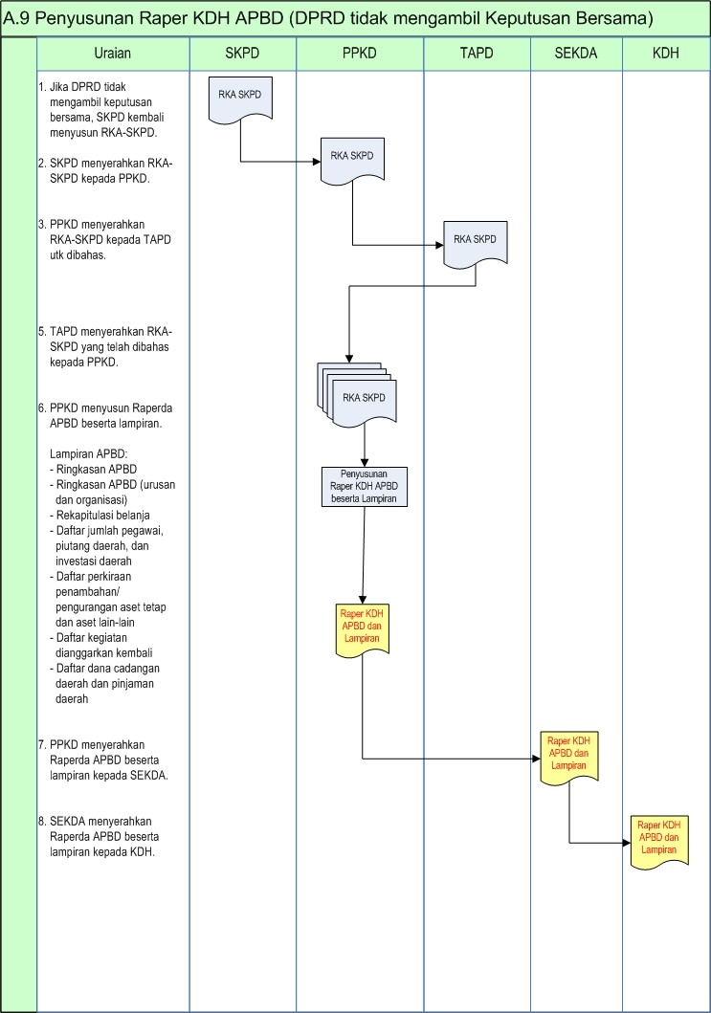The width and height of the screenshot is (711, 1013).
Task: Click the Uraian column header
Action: pos(113,54)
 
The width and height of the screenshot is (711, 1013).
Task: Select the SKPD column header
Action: pos(242,54)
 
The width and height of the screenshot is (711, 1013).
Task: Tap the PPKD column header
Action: pos(360,54)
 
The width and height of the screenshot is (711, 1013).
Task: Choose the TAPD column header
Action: pos(477,54)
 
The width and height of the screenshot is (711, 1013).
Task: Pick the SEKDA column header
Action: pos(576,54)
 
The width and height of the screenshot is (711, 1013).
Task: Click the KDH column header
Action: pos(665,54)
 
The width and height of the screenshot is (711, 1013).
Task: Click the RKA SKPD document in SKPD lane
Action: pos(240,99)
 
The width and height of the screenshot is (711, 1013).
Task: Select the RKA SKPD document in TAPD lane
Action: pos(475,242)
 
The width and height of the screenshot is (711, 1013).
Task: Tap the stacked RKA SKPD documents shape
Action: pos(359,394)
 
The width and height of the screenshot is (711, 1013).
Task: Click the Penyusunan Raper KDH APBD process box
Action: pos(364,486)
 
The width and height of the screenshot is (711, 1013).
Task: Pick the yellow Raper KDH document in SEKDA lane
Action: pos(568,756)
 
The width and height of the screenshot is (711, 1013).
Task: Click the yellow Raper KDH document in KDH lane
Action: pos(658,839)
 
